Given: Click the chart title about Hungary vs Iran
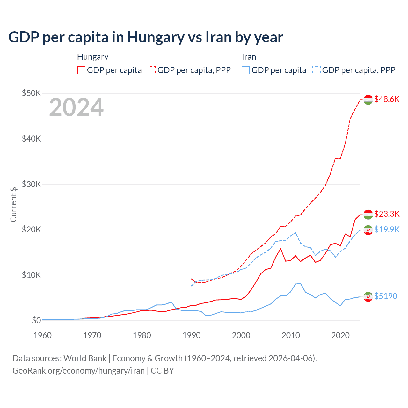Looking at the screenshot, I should point(146,37).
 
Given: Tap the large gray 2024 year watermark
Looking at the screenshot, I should point(76,107).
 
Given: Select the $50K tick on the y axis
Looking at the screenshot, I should point(31,93).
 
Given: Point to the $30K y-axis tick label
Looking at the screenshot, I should point(31,184).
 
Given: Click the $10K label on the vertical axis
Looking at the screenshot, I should point(31,275).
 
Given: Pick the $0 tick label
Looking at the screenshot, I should point(36,320).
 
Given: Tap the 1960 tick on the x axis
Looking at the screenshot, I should point(42,335).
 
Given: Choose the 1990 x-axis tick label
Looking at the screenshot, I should point(192,335).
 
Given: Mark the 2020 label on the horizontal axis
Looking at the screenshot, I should point(340,335).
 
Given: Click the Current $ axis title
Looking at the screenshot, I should point(13,204).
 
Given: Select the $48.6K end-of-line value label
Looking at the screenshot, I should point(387,99).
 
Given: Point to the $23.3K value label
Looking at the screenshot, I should point(387,214).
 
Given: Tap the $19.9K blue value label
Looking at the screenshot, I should point(387,229).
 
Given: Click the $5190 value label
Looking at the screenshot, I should point(386,296).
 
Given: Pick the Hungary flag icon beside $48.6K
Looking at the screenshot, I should point(368,100).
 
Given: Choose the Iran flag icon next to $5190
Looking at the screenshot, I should point(368,296).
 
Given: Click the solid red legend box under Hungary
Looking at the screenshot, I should point(81,70).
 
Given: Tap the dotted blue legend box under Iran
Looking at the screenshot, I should point(317,70).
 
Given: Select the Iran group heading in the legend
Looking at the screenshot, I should point(249,57).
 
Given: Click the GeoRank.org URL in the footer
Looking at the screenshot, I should point(78,371).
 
